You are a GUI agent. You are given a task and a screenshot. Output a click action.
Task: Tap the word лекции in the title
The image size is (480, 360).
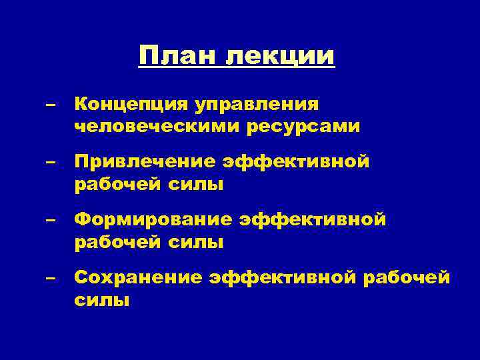281,56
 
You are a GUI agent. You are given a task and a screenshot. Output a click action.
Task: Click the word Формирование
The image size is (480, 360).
153,220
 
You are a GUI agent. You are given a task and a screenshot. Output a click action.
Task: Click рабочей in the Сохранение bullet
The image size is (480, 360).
406,277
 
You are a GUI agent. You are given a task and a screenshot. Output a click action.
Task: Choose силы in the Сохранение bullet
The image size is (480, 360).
101,299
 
